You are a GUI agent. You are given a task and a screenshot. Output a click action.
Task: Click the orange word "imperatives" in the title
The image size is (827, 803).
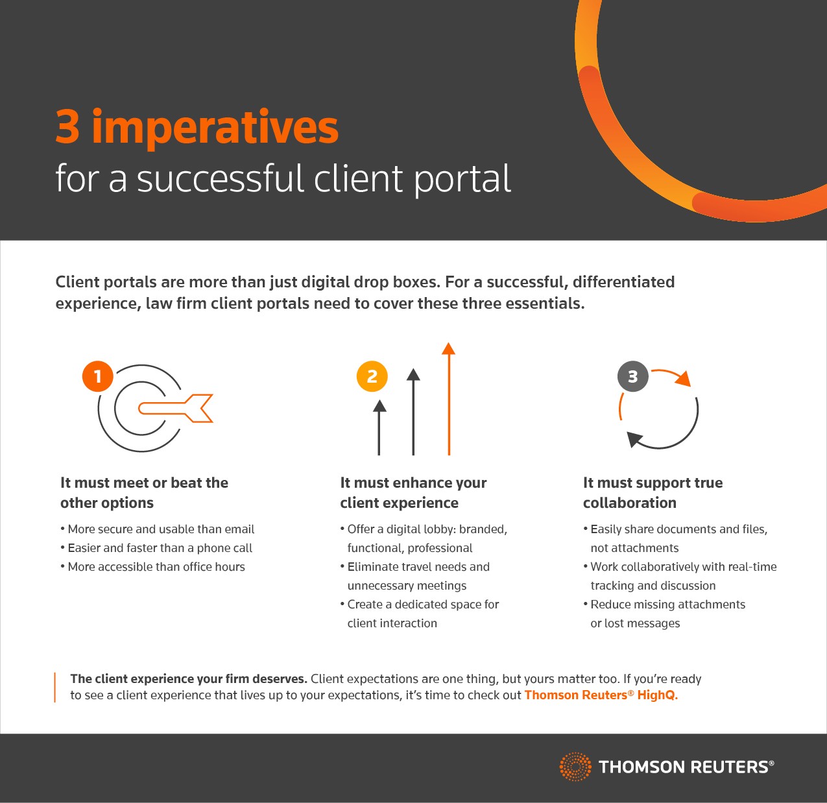coord(215,128)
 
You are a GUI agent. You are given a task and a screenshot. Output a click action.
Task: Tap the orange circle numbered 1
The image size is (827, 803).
coord(98,376)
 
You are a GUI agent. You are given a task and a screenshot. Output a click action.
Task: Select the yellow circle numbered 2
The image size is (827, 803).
coord(372,376)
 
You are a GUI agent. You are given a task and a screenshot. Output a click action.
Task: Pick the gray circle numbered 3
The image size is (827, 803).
coord(633,376)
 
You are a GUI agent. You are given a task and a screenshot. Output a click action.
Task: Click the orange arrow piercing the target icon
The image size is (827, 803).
coord(176,408)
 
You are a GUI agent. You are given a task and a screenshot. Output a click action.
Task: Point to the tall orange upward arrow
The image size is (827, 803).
coord(448,398)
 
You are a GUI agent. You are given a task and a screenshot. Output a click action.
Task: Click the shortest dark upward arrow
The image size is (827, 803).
coord(379,427)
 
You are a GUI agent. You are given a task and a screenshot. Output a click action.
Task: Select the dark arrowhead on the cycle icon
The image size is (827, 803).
coord(635,439)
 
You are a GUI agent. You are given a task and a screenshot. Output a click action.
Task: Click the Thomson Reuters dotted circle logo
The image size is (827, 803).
coord(575,767)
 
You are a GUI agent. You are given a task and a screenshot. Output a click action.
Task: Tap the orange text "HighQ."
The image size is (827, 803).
coord(658,695)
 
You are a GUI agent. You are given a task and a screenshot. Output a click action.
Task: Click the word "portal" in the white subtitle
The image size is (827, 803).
coord(462,180)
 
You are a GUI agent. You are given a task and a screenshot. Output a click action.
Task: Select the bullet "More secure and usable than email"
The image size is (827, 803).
coord(157,529)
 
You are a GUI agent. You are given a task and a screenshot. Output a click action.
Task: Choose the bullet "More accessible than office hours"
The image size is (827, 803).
coord(152,566)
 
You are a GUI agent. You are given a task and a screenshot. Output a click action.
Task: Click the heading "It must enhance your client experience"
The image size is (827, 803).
coord(413,492)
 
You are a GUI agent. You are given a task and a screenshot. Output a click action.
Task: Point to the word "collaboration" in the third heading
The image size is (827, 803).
coord(629,503)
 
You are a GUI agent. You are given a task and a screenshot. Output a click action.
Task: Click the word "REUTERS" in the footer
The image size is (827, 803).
coord(729,767)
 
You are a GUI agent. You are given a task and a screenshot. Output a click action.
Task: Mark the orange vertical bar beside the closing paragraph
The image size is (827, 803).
coord(55,687)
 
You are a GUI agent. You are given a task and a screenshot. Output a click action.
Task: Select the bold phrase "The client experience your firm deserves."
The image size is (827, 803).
coord(189,678)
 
